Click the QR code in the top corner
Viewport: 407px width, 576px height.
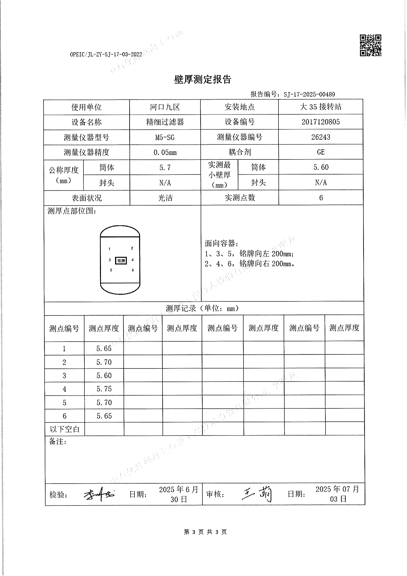(370, 45)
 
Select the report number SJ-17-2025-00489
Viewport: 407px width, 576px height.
(309, 94)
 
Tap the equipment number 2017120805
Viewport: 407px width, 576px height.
(321, 122)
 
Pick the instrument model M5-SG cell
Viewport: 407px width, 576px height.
(165, 137)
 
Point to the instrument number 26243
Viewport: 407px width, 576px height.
(321, 137)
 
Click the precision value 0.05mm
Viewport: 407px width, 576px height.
(165, 152)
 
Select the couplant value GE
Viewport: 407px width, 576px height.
(321, 152)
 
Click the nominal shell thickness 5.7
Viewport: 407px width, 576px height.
(165, 167)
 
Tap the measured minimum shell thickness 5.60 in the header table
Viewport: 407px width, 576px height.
(321, 167)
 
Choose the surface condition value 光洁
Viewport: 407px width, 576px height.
(165, 198)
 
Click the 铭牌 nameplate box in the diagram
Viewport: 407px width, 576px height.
(121, 261)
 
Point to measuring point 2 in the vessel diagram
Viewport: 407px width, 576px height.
(132, 248)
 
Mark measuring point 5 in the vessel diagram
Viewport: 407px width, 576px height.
(111, 270)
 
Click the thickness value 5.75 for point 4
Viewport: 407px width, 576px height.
(104, 389)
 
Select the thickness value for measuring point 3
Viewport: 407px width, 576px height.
(104, 375)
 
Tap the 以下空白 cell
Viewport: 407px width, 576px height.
(65, 429)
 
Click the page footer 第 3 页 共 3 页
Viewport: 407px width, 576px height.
(205, 532)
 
